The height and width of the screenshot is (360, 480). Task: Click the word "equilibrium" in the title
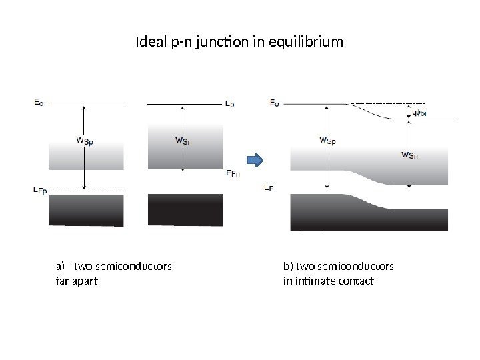click(x=310, y=43)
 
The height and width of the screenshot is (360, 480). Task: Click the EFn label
click(x=232, y=174)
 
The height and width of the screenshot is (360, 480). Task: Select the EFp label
click(x=40, y=190)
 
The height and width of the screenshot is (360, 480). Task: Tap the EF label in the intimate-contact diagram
click(x=269, y=188)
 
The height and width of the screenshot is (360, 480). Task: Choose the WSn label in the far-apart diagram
click(x=183, y=140)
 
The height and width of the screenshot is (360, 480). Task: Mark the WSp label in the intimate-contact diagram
click(x=327, y=141)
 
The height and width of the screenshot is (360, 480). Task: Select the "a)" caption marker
click(x=58, y=267)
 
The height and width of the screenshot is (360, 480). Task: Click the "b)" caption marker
click(x=288, y=267)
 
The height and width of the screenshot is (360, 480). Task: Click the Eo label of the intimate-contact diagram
click(x=275, y=103)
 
